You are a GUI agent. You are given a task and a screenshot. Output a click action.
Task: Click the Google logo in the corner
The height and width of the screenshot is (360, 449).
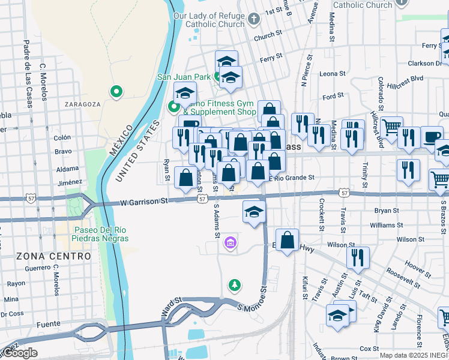[20, 353]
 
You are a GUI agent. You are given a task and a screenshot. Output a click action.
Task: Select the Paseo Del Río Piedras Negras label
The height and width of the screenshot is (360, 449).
[101, 234]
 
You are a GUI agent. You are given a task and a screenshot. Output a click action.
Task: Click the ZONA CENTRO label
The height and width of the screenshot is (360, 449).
[53, 256]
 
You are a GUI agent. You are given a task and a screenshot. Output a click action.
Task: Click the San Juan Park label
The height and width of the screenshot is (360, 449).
[184, 77]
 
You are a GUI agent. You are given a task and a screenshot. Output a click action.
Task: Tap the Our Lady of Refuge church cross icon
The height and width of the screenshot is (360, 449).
[253, 19]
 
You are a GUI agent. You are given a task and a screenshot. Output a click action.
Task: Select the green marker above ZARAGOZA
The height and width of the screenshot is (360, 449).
[116, 92]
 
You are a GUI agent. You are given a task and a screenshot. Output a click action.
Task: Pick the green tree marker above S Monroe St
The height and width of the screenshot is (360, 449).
[235, 284]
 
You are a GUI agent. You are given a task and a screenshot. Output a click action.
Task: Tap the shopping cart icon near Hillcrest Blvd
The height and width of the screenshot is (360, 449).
[391, 127]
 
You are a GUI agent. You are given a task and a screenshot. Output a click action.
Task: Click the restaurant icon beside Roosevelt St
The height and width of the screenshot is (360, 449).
[358, 257]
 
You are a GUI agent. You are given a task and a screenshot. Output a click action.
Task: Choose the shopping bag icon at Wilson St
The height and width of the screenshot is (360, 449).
[288, 239]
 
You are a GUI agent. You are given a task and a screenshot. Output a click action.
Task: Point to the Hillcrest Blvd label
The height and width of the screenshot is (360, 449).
[405, 78]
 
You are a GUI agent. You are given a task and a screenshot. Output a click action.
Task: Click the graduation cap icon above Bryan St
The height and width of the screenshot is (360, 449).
[254, 211]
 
